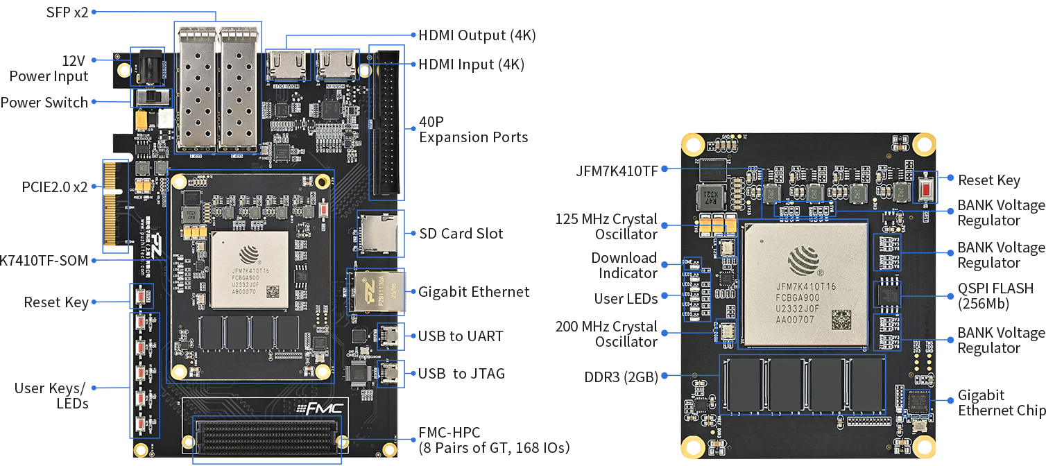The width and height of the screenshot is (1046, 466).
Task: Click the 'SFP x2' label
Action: [67, 12]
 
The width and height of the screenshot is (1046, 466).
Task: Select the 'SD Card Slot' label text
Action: [461, 234]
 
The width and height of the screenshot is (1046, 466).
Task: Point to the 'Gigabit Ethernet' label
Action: [474, 292]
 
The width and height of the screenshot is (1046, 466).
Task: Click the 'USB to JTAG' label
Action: [461, 374]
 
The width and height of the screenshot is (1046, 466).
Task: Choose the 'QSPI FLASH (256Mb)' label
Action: [995, 295]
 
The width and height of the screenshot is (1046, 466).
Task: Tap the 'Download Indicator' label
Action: [624, 266]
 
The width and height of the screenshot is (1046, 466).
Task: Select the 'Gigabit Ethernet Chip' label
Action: [1002, 403]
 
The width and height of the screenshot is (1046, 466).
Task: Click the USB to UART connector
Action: [390, 337]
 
